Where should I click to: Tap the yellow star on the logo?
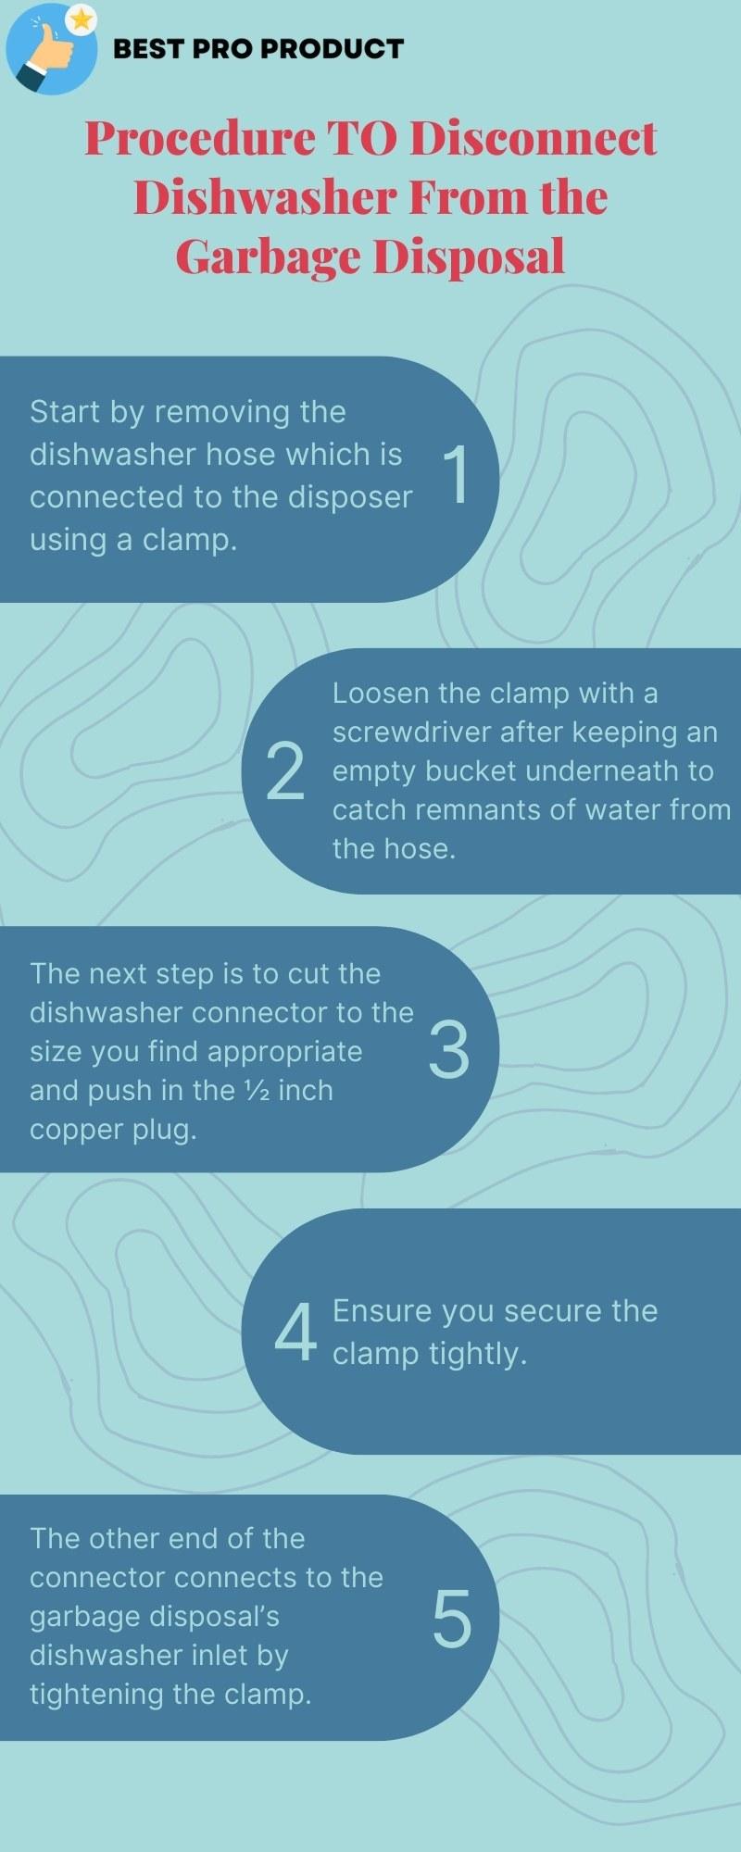point(82,19)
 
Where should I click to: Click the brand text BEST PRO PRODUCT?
point(257,49)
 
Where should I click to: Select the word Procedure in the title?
point(199,139)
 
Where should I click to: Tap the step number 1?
point(457,475)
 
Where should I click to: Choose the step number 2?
point(284,771)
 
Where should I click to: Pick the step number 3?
point(449,1050)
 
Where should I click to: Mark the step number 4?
point(295,1333)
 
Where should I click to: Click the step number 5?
point(452,1619)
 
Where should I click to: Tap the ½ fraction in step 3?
point(257,1091)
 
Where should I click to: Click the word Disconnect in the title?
point(534,139)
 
